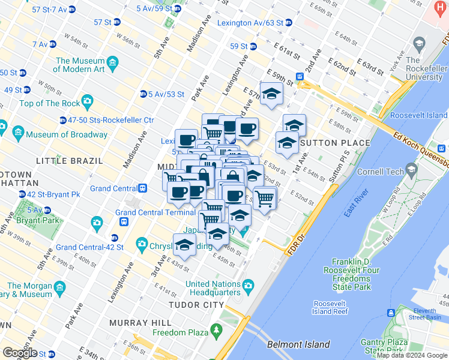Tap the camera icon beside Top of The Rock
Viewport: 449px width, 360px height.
88,101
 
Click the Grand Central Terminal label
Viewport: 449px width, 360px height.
155,212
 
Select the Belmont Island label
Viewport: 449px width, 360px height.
298,344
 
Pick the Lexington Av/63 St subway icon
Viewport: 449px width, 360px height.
289,23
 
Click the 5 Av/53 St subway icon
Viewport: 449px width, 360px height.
143,94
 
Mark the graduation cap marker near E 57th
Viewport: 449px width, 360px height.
271,94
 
